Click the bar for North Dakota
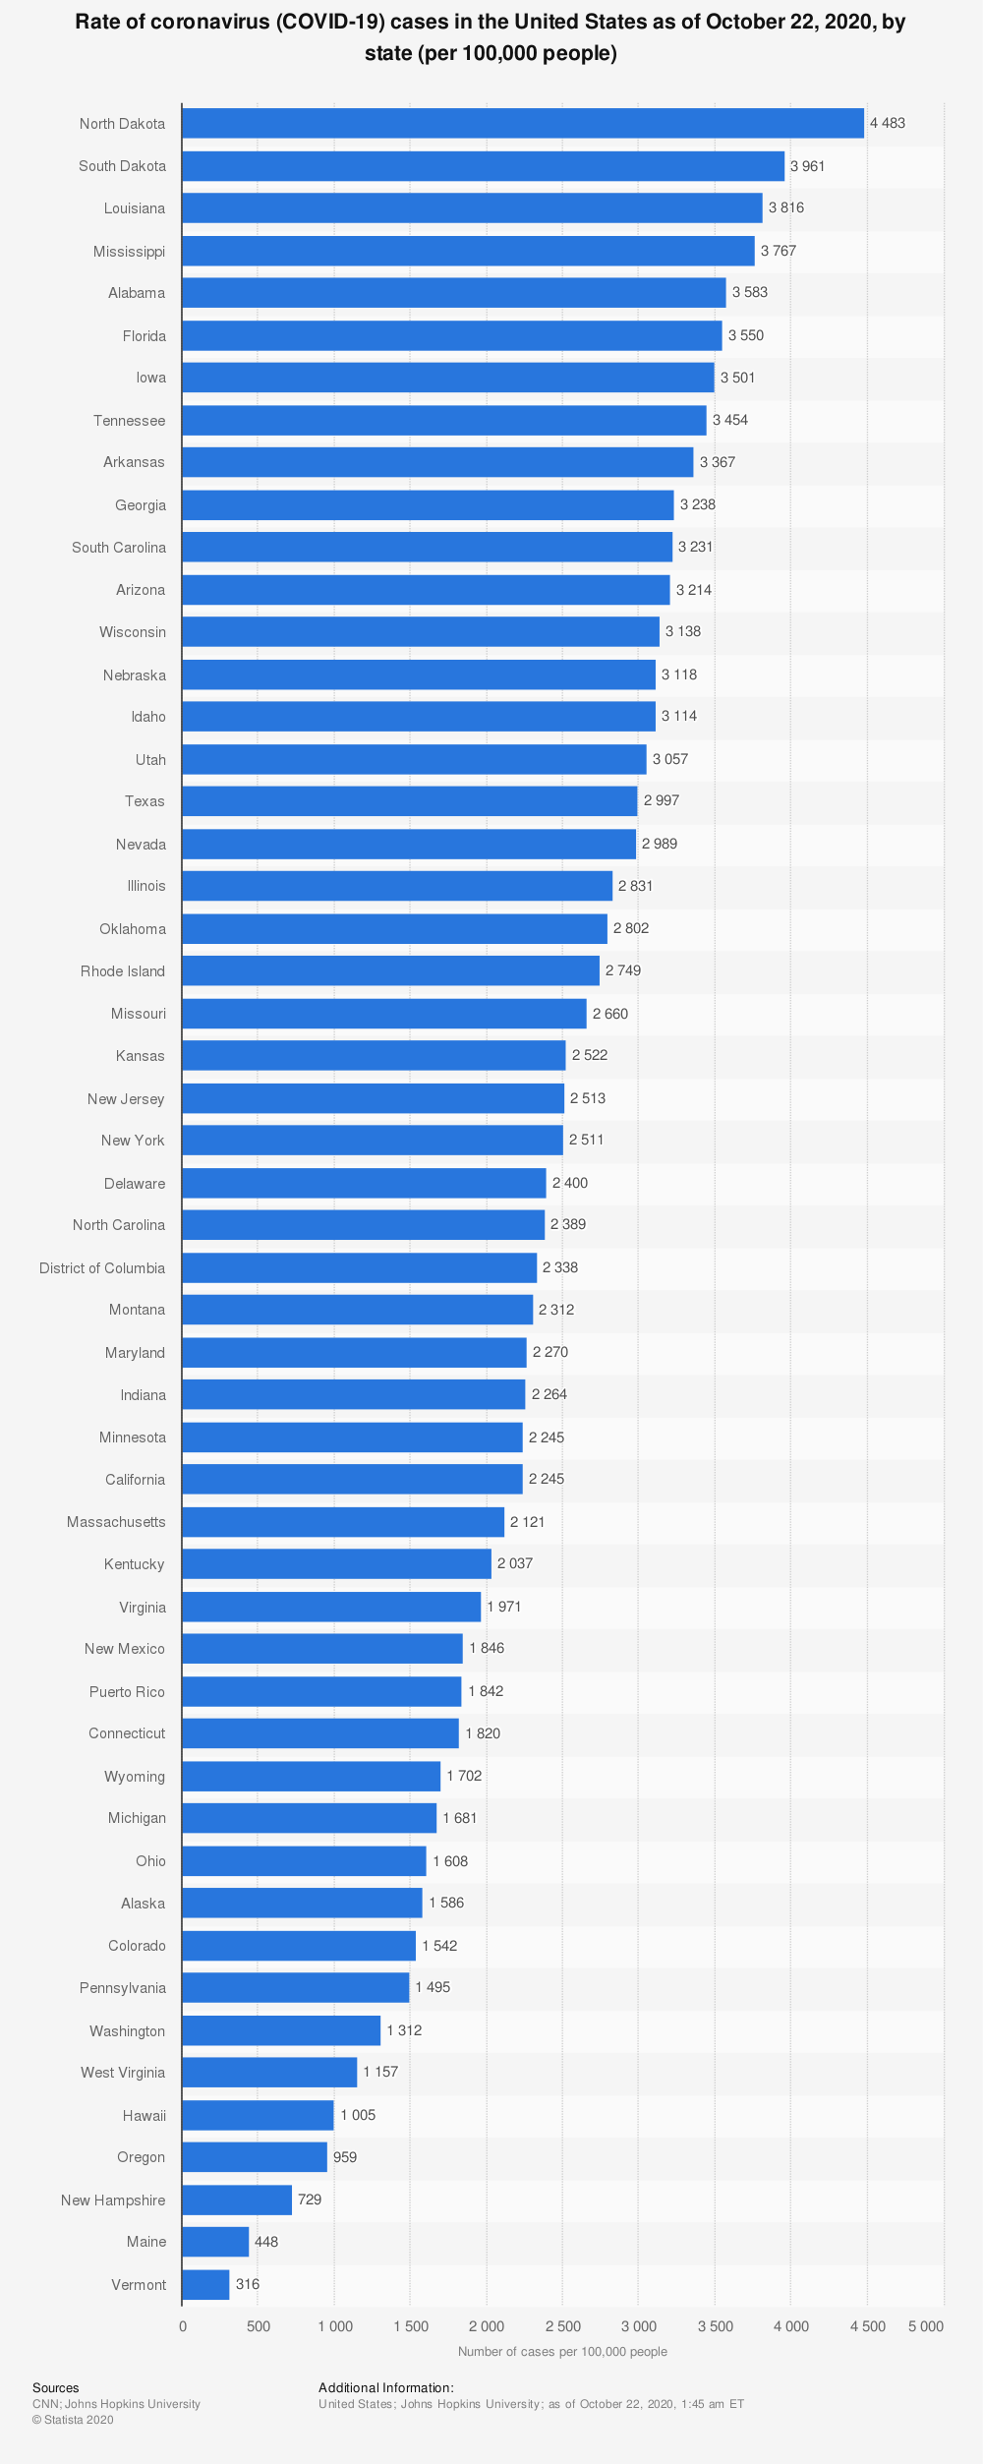tap(523, 123)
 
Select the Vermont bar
tap(205, 2284)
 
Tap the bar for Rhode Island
tap(390, 970)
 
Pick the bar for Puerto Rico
tap(321, 1691)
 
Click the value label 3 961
tap(808, 166)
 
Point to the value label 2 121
tap(527, 1522)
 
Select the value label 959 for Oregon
tap(345, 2157)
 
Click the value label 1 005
tap(358, 2115)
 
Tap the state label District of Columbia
tap(102, 1268)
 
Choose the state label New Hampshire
tap(113, 2200)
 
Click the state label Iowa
tap(151, 378)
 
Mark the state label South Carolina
tap(119, 548)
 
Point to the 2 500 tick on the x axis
tap(563, 2326)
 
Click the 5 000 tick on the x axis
tap(926, 2326)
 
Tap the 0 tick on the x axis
tap(183, 2326)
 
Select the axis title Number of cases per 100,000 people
tap(562, 2352)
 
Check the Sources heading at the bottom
tap(56, 2387)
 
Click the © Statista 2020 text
tap(73, 2420)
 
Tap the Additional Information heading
tap(386, 2387)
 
